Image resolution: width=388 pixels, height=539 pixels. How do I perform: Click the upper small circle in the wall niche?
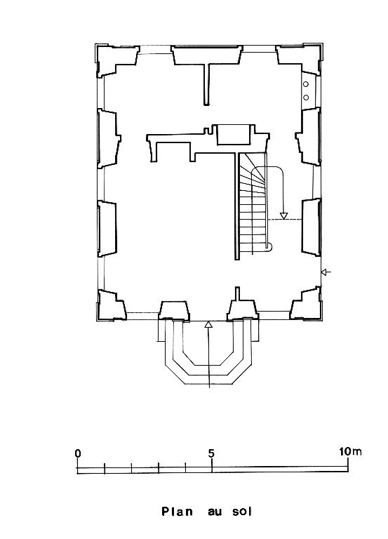305,84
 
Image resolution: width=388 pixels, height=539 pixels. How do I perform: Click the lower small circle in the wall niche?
305,98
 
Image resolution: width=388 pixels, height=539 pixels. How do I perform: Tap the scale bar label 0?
78,453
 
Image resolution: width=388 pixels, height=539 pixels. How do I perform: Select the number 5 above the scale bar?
211,453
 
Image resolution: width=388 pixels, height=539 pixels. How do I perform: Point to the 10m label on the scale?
350,451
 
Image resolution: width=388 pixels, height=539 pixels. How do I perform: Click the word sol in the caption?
242,511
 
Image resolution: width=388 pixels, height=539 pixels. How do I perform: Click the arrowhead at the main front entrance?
208,324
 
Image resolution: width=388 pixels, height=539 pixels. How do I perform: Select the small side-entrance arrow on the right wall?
326,272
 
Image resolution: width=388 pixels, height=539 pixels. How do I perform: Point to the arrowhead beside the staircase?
283,216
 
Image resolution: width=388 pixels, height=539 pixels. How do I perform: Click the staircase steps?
253,203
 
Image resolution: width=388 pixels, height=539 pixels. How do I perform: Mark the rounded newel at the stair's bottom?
269,246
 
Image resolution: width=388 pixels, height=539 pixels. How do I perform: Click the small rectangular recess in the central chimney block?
234,135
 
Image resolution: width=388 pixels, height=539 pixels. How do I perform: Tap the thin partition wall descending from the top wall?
206,84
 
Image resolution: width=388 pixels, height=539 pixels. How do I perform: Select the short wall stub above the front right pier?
237,293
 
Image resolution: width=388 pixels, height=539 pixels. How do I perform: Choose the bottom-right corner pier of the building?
306,303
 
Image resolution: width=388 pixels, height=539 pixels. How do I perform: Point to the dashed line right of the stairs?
285,220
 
